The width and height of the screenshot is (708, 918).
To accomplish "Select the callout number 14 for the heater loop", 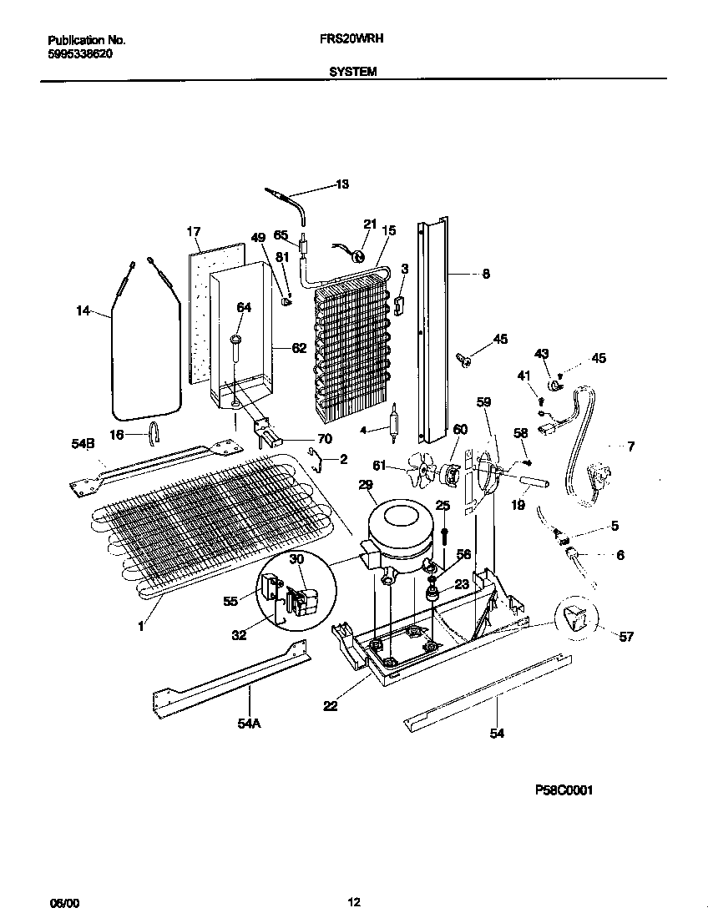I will pyautogui.click(x=83, y=311).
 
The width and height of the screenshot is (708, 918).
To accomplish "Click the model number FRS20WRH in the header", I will pyautogui.click(x=351, y=38).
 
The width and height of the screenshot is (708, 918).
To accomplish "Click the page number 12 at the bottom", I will pyautogui.click(x=354, y=900).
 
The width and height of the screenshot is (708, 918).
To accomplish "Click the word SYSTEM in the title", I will pyautogui.click(x=353, y=72).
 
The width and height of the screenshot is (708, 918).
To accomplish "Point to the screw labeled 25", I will pyautogui.click(x=442, y=532).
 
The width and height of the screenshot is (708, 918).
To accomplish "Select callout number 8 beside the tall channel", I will pyautogui.click(x=486, y=273).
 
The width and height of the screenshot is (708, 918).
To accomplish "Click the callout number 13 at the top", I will pyautogui.click(x=342, y=184).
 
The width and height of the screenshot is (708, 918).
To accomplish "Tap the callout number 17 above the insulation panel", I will pyautogui.click(x=194, y=231).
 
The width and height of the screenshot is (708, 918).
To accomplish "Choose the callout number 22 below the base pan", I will pyautogui.click(x=331, y=707).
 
